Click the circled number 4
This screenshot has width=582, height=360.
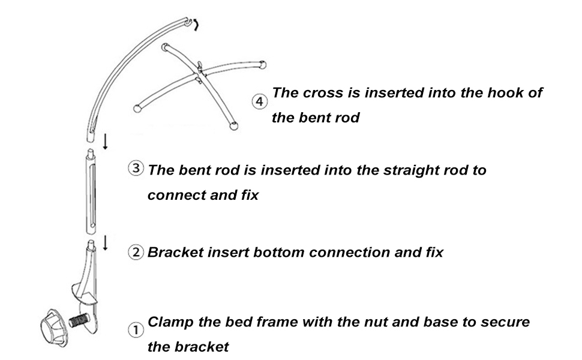click(x=259, y=102)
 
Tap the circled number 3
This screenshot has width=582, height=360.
click(x=136, y=169)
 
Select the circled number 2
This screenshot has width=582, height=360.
click(x=136, y=252)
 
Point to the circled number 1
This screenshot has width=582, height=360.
click(x=136, y=330)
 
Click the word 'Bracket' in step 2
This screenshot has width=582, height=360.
click(x=174, y=252)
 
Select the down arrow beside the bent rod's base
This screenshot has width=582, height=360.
click(x=106, y=142)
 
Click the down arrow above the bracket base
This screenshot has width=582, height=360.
click(x=106, y=242)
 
